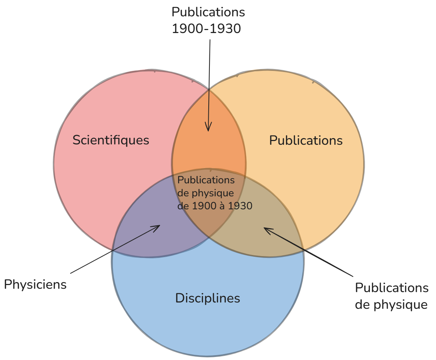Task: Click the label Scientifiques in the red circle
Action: tap(111, 140)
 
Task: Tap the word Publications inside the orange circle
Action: tap(306, 140)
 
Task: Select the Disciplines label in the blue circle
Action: tap(208, 298)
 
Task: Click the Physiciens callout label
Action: tap(35, 285)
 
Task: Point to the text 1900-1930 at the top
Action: tap(206, 29)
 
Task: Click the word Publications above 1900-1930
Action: tap(208, 12)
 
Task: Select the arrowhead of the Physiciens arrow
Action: tap(156, 228)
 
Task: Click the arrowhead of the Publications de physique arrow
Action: tap(267, 230)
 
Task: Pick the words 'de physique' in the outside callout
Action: tap(391, 305)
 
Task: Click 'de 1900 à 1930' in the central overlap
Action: tap(215, 206)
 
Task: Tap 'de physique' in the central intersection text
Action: tap(205, 193)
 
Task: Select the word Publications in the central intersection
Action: tap(206, 180)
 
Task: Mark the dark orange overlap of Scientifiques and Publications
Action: tap(209, 144)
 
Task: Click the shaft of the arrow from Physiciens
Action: tap(115, 249)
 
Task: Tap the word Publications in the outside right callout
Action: tap(391, 288)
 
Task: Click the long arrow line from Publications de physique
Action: tap(308, 252)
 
